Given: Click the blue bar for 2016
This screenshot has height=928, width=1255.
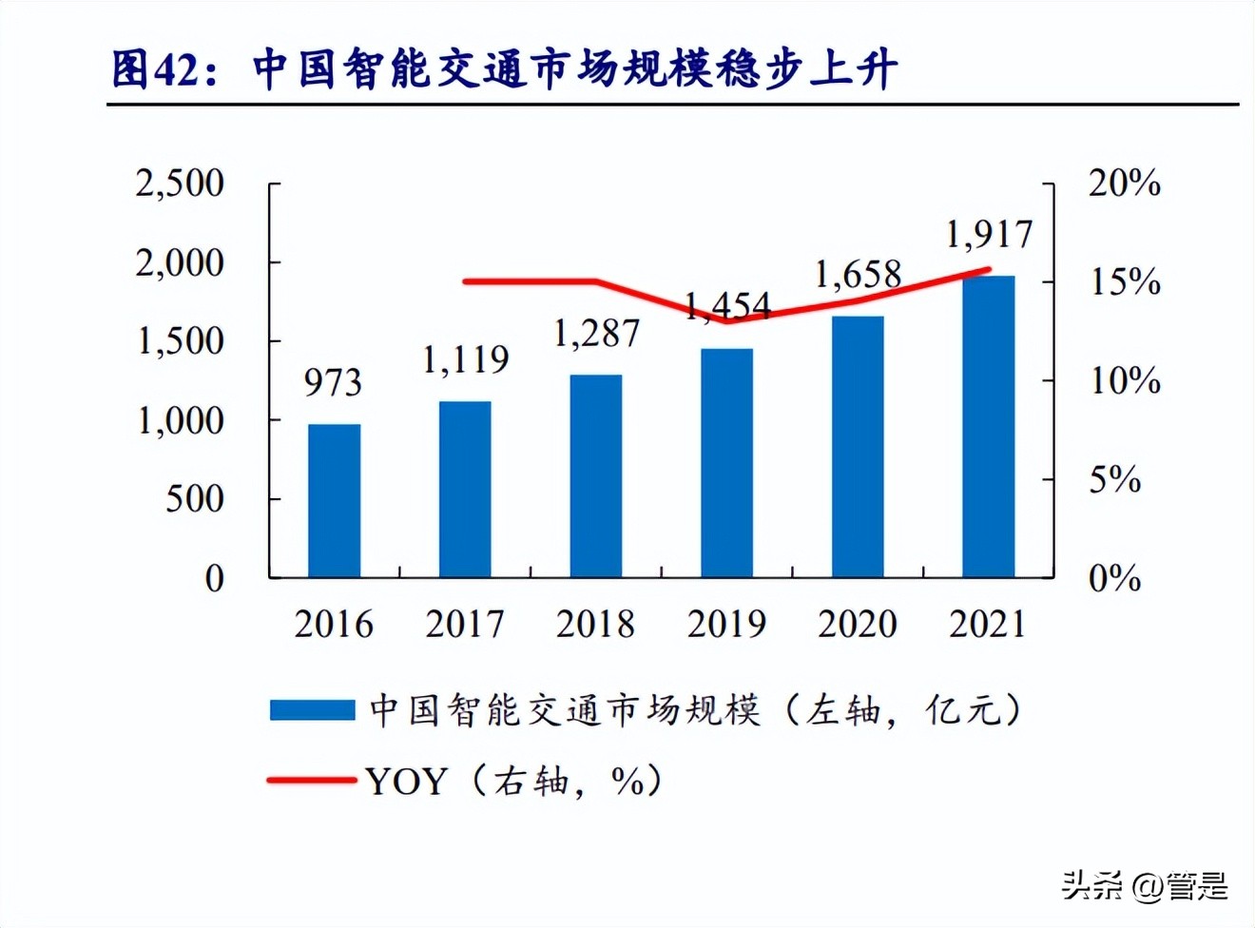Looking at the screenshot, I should pos(334,500).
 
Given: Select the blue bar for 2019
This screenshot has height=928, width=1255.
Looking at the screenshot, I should pos(726,462).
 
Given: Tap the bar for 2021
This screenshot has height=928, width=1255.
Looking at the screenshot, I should pos(988,426).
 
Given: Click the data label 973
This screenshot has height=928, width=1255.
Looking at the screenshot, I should pos(333,382).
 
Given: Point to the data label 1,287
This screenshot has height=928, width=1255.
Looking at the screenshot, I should pos(596,333).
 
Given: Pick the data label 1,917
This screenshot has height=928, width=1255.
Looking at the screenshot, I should pos(989,234).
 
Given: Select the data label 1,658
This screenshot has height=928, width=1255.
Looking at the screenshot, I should pos(858,275).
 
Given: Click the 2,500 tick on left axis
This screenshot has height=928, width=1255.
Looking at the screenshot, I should pos(180,183).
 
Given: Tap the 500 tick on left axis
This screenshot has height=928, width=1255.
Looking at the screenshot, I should pos(195,498).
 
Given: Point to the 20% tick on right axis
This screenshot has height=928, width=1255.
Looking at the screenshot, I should pos(1125,183).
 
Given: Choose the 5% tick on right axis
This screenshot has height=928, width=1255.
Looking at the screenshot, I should pos(1114,479).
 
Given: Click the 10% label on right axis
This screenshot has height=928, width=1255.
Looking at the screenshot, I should pos(1125,380).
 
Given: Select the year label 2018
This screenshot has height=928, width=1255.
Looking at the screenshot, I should pos(595,624).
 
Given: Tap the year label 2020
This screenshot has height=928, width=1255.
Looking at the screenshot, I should pos(858,624).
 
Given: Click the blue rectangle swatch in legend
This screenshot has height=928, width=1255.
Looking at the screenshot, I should pos(312,710).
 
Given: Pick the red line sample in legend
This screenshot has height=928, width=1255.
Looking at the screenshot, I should pos(312,781).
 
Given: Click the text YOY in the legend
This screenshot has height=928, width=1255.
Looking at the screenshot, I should pos(406,782).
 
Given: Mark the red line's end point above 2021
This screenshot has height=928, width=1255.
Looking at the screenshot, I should pos(989,269).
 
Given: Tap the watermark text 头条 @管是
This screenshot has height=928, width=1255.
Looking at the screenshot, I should pos(1145,885).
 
